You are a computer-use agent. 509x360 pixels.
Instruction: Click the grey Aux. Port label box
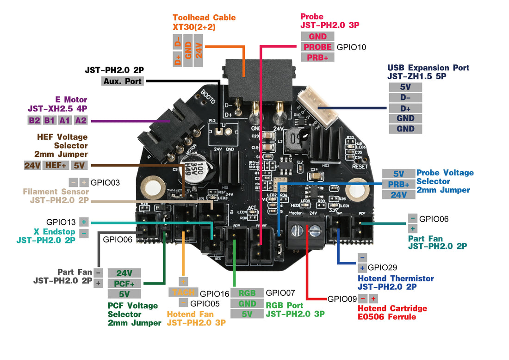(123, 81)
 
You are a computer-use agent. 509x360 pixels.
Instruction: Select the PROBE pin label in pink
(317, 47)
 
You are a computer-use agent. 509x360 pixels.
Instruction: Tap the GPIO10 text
(351, 47)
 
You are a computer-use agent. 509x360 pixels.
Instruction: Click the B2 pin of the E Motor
(34, 120)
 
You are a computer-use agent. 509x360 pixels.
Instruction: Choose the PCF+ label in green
(124, 283)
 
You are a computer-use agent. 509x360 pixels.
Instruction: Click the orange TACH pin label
(183, 292)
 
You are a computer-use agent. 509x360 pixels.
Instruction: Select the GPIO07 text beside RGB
(281, 292)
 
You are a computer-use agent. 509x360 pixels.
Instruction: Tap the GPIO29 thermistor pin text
(382, 267)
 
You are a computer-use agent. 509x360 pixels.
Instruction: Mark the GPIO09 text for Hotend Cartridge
(342, 298)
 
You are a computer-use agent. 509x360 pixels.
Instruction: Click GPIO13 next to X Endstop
(61, 222)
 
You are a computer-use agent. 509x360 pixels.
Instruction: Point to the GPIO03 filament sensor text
(105, 182)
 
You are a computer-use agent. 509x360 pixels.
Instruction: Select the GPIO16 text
(215, 293)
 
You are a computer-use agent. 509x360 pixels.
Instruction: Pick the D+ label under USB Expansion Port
(405, 108)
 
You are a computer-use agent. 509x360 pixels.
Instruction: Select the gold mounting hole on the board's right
(358, 190)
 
